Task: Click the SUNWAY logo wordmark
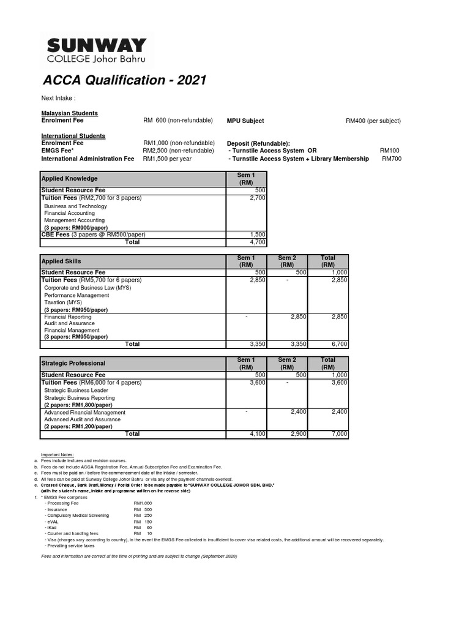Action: pos(97,45)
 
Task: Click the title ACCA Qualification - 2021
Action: pos(124,81)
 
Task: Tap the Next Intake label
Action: pos(58,99)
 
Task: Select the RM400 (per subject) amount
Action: pos(373,121)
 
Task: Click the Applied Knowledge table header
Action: pos(69,178)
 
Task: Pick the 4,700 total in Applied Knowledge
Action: pos(258,242)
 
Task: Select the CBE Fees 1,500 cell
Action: pos(258,235)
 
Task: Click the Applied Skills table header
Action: pos(61,261)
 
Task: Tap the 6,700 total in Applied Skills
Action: pos(339,345)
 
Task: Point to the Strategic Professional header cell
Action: pos(73,364)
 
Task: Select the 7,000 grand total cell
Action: pos(339,434)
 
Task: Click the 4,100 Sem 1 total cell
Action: pos(258,434)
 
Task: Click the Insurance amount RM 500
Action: pos(143,509)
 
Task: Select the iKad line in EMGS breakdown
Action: pos(51,527)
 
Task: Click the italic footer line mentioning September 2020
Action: pos(139,556)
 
